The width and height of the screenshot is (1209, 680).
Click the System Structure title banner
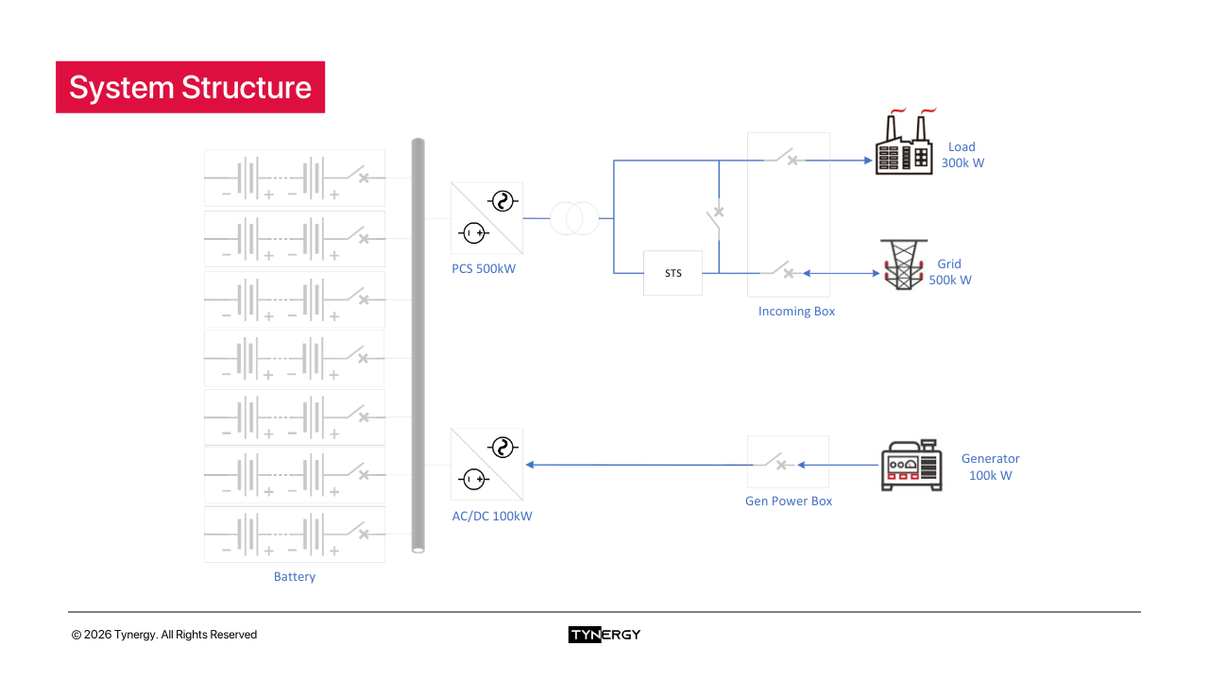point(190,87)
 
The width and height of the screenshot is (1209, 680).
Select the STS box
point(673,273)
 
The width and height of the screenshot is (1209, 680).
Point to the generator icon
point(911,466)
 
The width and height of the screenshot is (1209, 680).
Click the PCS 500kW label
point(484,269)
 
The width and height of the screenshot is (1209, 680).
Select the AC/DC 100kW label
point(492,517)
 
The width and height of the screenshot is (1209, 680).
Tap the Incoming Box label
point(796,312)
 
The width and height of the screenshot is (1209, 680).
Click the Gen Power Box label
point(789,501)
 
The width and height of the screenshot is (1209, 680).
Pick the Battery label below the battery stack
point(295,577)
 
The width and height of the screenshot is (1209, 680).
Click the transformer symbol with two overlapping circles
point(574,218)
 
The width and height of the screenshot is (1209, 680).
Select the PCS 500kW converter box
point(487,218)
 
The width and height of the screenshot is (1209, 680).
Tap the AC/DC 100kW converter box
point(487,465)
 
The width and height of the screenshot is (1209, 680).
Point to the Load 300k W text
point(962,155)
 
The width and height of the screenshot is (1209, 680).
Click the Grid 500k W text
point(949,272)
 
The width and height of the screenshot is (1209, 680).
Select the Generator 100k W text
point(990,467)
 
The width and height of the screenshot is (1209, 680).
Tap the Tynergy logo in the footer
point(604,635)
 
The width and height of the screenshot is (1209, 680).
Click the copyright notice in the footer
point(164,635)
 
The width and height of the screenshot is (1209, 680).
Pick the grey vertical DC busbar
point(418,345)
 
